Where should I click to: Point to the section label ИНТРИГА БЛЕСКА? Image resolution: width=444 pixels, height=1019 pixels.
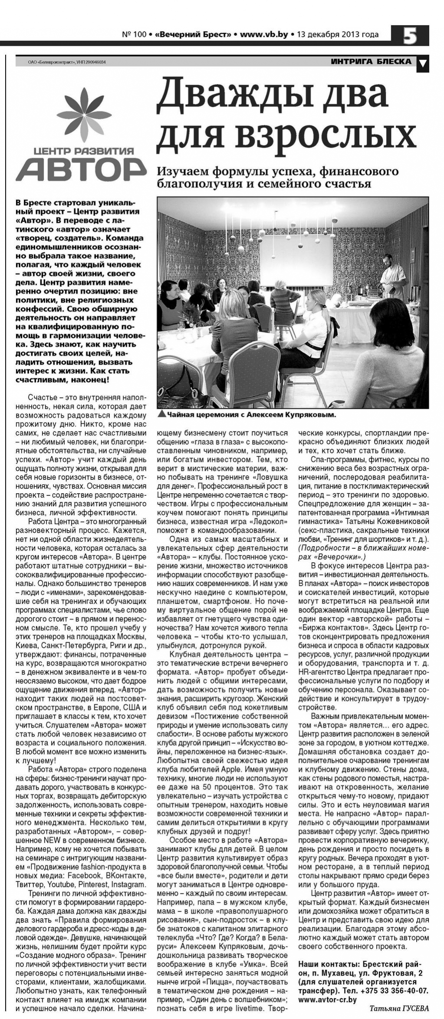coord(371,62)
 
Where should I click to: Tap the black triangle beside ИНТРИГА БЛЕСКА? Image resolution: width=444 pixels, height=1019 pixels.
coord(423,64)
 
